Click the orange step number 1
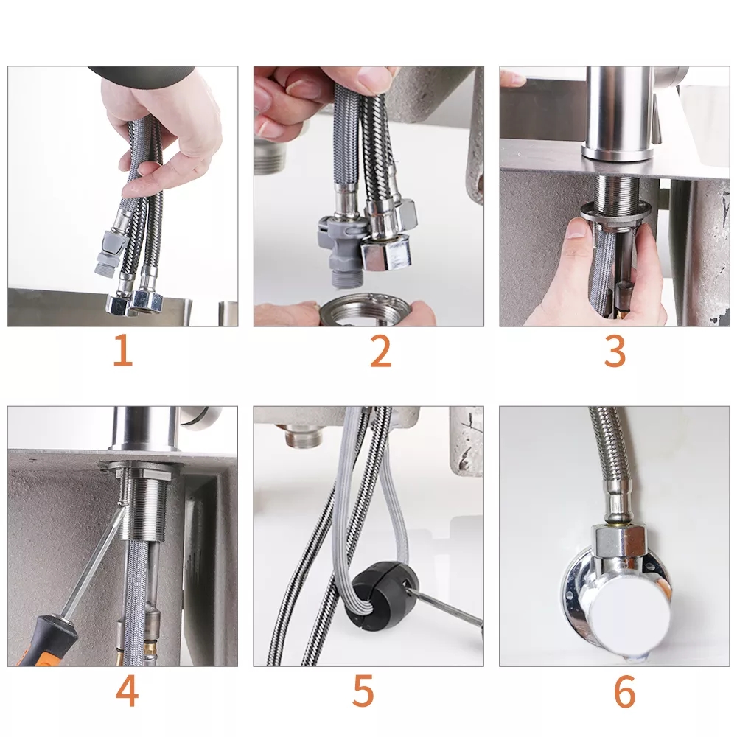pyautogui.click(x=123, y=350)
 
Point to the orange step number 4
pyautogui.click(x=127, y=691)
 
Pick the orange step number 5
pyautogui.click(x=363, y=691)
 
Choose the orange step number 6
pyautogui.click(x=624, y=691)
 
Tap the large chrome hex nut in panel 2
pyautogui.click(x=386, y=252)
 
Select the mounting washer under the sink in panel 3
pyautogui.click(x=615, y=214)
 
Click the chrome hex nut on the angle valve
pyautogui.click(x=620, y=540)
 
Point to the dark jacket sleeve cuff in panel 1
pyautogui.click(x=141, y=75)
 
